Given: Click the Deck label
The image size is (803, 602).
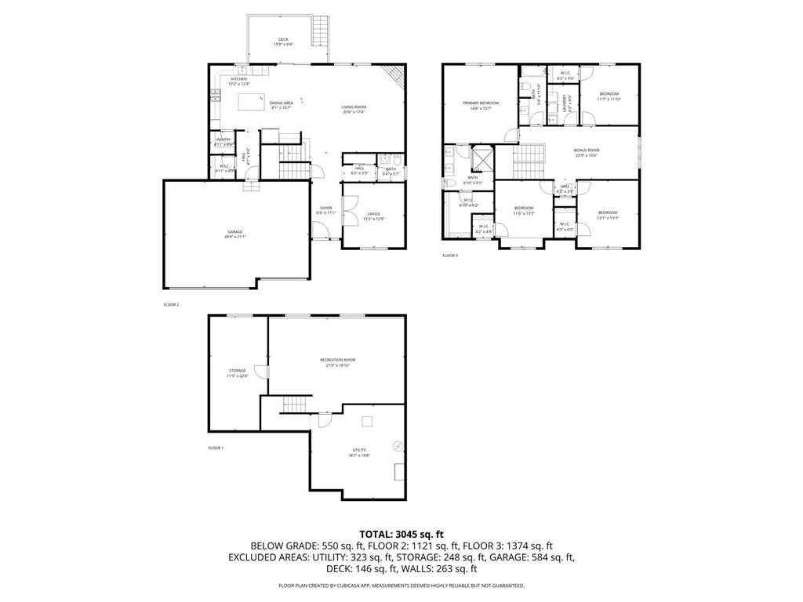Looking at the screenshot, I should [284, 42].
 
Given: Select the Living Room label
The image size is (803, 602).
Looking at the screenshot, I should [354, 109].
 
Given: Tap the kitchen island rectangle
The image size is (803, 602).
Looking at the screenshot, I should [250, 102].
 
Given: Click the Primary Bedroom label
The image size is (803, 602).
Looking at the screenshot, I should [480, 105].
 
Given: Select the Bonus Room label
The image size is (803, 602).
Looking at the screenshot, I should [587, 152].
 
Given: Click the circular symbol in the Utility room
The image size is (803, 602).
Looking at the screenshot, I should [398, 447].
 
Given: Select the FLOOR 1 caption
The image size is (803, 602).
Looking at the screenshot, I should [216, 448].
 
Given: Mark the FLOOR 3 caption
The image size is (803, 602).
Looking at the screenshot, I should [450, 256].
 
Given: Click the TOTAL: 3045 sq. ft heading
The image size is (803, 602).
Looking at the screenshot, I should [401, 534].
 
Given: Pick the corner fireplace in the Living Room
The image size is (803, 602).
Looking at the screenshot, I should [395, 76].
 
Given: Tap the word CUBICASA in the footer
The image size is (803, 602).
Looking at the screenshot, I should [383, 586].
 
